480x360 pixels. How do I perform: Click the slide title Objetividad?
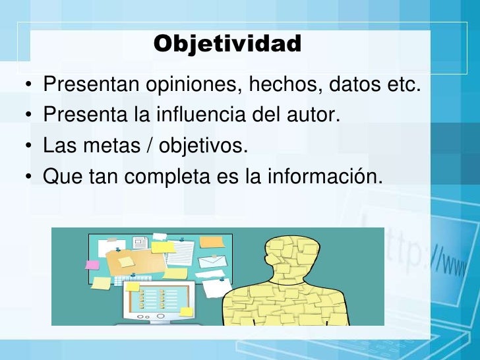[227, 44]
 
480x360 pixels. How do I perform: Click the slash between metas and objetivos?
[150, 146]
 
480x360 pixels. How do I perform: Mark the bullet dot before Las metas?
[29, 147]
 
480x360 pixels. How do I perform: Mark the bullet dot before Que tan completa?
[29, 177]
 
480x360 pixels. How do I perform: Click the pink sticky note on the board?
[92, 264]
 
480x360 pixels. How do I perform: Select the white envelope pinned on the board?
[212, 262]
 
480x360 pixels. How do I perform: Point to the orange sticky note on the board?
[212, 242]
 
